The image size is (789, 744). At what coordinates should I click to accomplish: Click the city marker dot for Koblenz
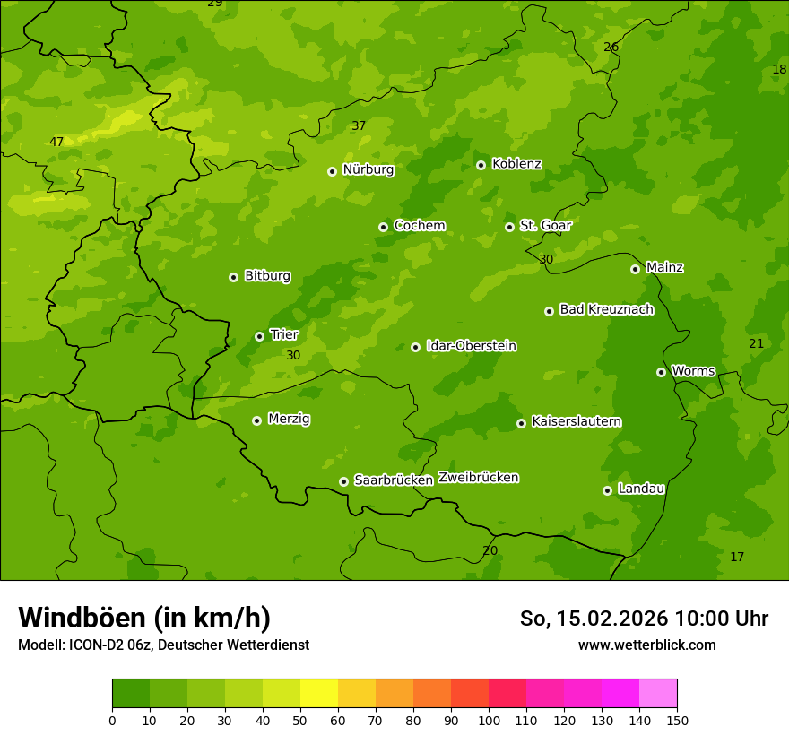(x=481, y=165)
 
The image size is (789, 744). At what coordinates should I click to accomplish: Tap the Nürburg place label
(x=368, y=169)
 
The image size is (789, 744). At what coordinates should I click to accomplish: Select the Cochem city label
(x=419, y=226)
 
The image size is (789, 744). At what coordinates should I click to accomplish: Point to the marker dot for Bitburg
(x=233, y=277)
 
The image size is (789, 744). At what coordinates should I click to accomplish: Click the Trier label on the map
(x=283, y=335)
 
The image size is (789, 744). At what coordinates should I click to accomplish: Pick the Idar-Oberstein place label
(x=471, y=346)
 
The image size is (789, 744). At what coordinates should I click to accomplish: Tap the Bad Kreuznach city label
(x=606, y=309)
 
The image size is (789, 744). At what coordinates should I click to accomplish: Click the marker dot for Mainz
(x=635, y=269)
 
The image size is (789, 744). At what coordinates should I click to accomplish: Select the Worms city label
(x=692, y=371)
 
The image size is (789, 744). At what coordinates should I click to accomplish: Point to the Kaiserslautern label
(x=576, y=421)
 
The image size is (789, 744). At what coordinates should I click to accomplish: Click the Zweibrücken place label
(x=478, y=478)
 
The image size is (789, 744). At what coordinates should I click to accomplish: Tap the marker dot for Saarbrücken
(x=343, y=481)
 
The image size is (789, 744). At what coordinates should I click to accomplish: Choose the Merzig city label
(x=289, y=419)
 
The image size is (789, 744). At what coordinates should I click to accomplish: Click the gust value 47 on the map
(x=56, y=142)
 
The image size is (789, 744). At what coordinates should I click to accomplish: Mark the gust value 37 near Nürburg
(x=358, y=125)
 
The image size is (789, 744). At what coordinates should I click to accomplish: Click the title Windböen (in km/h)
(x=143, y=618)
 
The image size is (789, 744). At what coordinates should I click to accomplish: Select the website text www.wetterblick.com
(x=646, y=645)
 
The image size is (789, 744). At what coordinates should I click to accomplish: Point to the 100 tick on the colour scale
(x=489, y=720)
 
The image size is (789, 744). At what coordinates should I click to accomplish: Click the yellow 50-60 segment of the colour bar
(x=319, y=694)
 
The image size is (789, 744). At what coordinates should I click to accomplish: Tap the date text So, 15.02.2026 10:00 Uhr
(x=644, y=619)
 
